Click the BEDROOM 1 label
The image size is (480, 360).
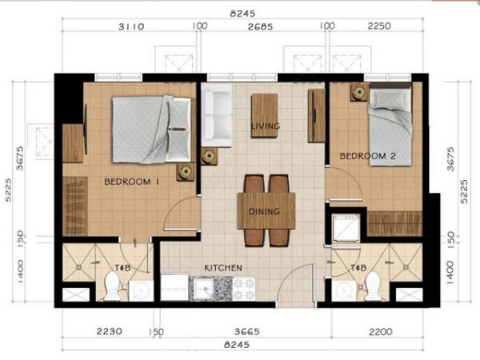[133, 182]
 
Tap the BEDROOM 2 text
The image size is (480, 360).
[367, 155]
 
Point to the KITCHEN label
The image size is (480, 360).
[223, 267]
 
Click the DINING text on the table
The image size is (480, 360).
[264, 212]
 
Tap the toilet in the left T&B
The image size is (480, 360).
[112, 286]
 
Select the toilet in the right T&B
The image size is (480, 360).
[371, 285]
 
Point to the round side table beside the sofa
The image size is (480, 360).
[210, 155]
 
